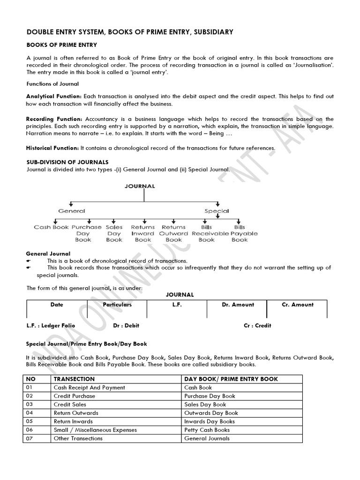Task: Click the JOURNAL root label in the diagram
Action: (139, 186)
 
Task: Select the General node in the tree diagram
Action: (72, 211)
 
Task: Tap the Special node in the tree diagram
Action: (217, 211)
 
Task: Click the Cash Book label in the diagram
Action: (51, 227)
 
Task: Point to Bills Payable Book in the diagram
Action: (239, 233)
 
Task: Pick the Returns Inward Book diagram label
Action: (143, 233)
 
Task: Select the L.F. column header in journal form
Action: (176, 305)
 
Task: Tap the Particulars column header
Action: (117, 305)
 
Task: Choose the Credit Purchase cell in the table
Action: (74, 396)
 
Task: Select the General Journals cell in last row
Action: (207, 438)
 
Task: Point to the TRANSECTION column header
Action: (74, 379)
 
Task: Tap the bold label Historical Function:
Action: (52, 148)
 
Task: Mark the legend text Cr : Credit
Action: (257, 325)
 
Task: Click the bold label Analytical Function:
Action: (53, 96)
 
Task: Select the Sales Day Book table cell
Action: (205, 405)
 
